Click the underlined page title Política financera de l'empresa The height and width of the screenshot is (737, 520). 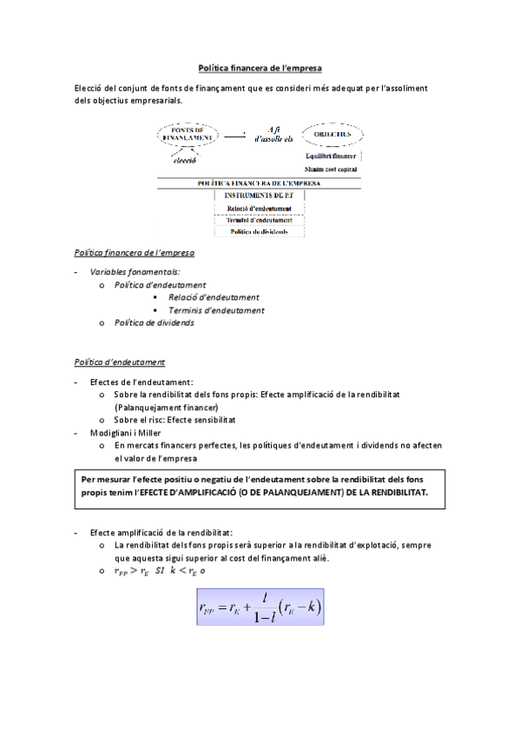[260, 66]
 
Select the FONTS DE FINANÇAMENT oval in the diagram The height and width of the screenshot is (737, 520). [187, 134]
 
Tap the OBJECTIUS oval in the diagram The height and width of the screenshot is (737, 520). [332, 134]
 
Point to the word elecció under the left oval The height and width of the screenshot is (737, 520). [185, 160]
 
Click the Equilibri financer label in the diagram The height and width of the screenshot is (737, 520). [331, 156]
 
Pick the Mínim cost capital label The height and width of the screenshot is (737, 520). [331, 169]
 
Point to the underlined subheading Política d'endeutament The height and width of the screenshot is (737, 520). [120, 362]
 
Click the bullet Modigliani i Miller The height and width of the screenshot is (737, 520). [125, 432]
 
